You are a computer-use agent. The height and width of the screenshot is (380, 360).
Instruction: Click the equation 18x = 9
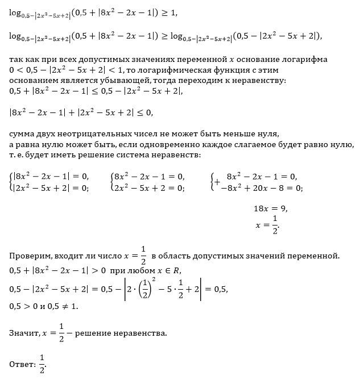click(271, 208)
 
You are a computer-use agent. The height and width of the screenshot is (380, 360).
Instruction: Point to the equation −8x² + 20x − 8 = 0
click(261, 188)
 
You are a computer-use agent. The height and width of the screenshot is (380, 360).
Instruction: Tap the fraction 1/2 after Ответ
click(42, 363)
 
